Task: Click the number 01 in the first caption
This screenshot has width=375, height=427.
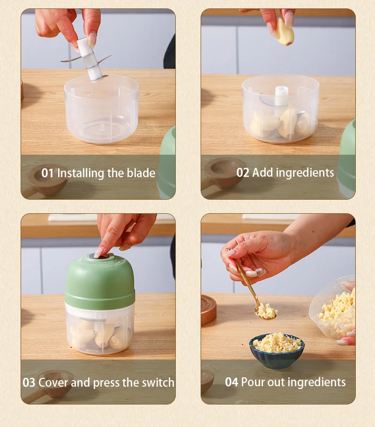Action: pyautogui.click(x=47, y=173)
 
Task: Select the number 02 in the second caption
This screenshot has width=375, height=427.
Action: pyautogui.click(x=243, y=172)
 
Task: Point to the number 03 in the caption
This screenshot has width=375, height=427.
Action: pyautogui.click(x=29, y=382)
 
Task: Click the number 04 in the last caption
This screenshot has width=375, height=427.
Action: pyautogui.click(x=232, y=382)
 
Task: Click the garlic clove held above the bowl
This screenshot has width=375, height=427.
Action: pyautogui.click(x=285, y=31)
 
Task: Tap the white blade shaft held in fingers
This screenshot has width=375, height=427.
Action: pyautogui.click(x=90, y=60)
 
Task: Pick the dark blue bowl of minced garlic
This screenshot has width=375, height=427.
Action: pyautogui.click(x=277, y=351)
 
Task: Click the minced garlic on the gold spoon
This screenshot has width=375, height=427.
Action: pyautogui.click(x=266, y=311)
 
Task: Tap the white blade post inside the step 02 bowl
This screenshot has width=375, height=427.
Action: pyautogui.click(x=281, y=96)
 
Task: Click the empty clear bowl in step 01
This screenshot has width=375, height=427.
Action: pyautogui.click(x=101, y=109)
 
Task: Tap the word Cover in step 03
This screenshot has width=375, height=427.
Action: pyautogui.click(x=53, y=382)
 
